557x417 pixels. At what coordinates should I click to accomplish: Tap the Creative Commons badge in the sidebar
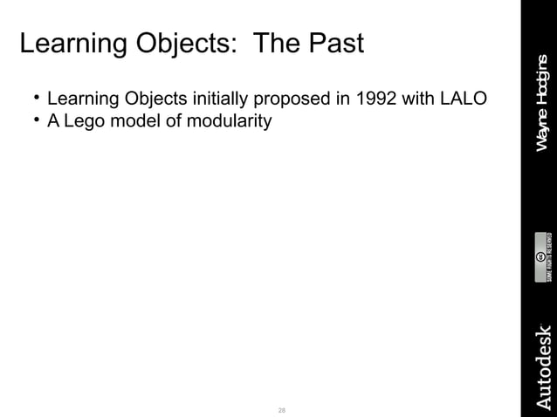[541, 256]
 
